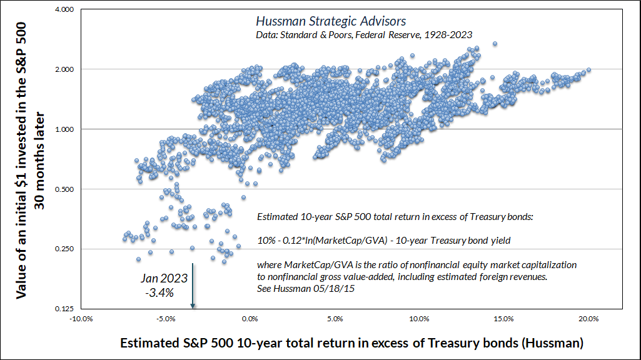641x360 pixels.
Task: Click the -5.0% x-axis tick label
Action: pos(166,318)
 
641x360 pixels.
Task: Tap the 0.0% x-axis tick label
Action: pos(251,318)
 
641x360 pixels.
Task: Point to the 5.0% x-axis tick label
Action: pos(335,318)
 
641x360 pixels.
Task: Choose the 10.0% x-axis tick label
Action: pos(420,318)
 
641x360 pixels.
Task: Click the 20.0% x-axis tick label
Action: pos(588,318)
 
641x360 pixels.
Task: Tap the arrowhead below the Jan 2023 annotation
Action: pos(193,305)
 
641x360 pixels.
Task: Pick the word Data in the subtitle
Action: pos(268,34)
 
